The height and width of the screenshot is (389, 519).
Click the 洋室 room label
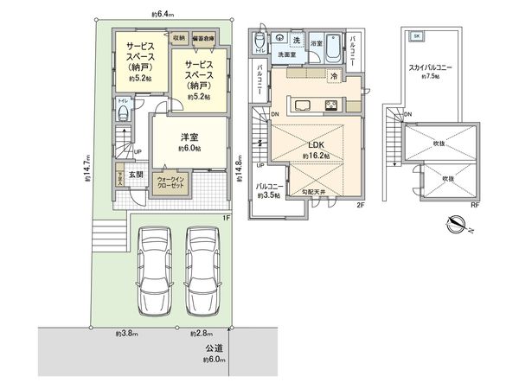click(190, 137)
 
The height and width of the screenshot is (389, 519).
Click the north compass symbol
click(455, 226)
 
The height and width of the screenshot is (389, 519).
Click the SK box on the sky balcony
click(416, 36)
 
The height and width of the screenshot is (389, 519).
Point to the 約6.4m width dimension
click(162, 14)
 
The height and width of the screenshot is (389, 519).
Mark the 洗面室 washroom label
click(287, 54)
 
